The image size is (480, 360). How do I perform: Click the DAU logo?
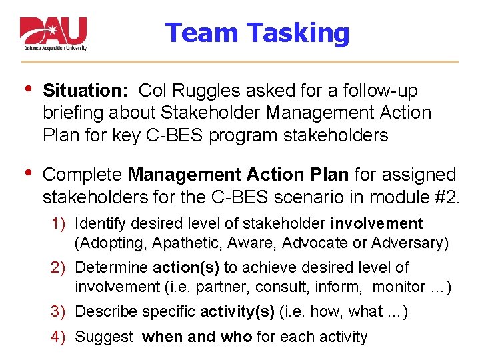click(x=53, y=34)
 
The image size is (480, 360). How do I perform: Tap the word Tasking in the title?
click(x=298, y=33)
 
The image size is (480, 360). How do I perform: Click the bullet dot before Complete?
click(x=26, y=173)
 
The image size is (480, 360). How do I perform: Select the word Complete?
click(x=82, y=175)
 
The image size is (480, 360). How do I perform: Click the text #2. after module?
click(x=445, y=197)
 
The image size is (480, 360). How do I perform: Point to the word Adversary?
click(x=413, y=243)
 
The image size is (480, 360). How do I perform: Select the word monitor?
click(x=399, y=287)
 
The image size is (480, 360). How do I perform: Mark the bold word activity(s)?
click(x=238, y=312)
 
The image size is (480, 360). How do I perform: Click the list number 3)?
click(x=61, y=312)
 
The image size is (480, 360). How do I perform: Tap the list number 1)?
click(x=61, y=223)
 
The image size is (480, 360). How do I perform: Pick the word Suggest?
click(x=105, y=337)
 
